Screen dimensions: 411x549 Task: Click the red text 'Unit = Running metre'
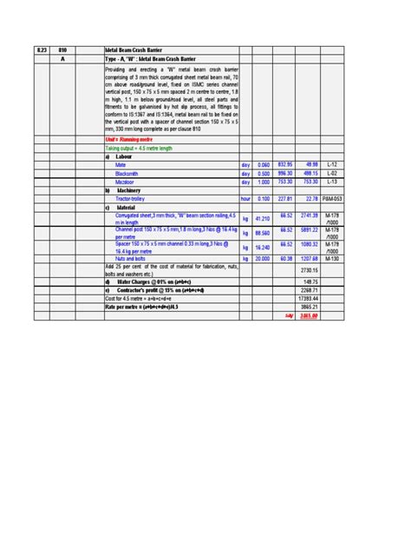point(127,138)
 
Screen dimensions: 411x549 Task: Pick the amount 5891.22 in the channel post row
point(310,232)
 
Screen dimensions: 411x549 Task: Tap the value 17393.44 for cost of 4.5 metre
point(310,298)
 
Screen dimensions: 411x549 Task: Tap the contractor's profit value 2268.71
point(310,290)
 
